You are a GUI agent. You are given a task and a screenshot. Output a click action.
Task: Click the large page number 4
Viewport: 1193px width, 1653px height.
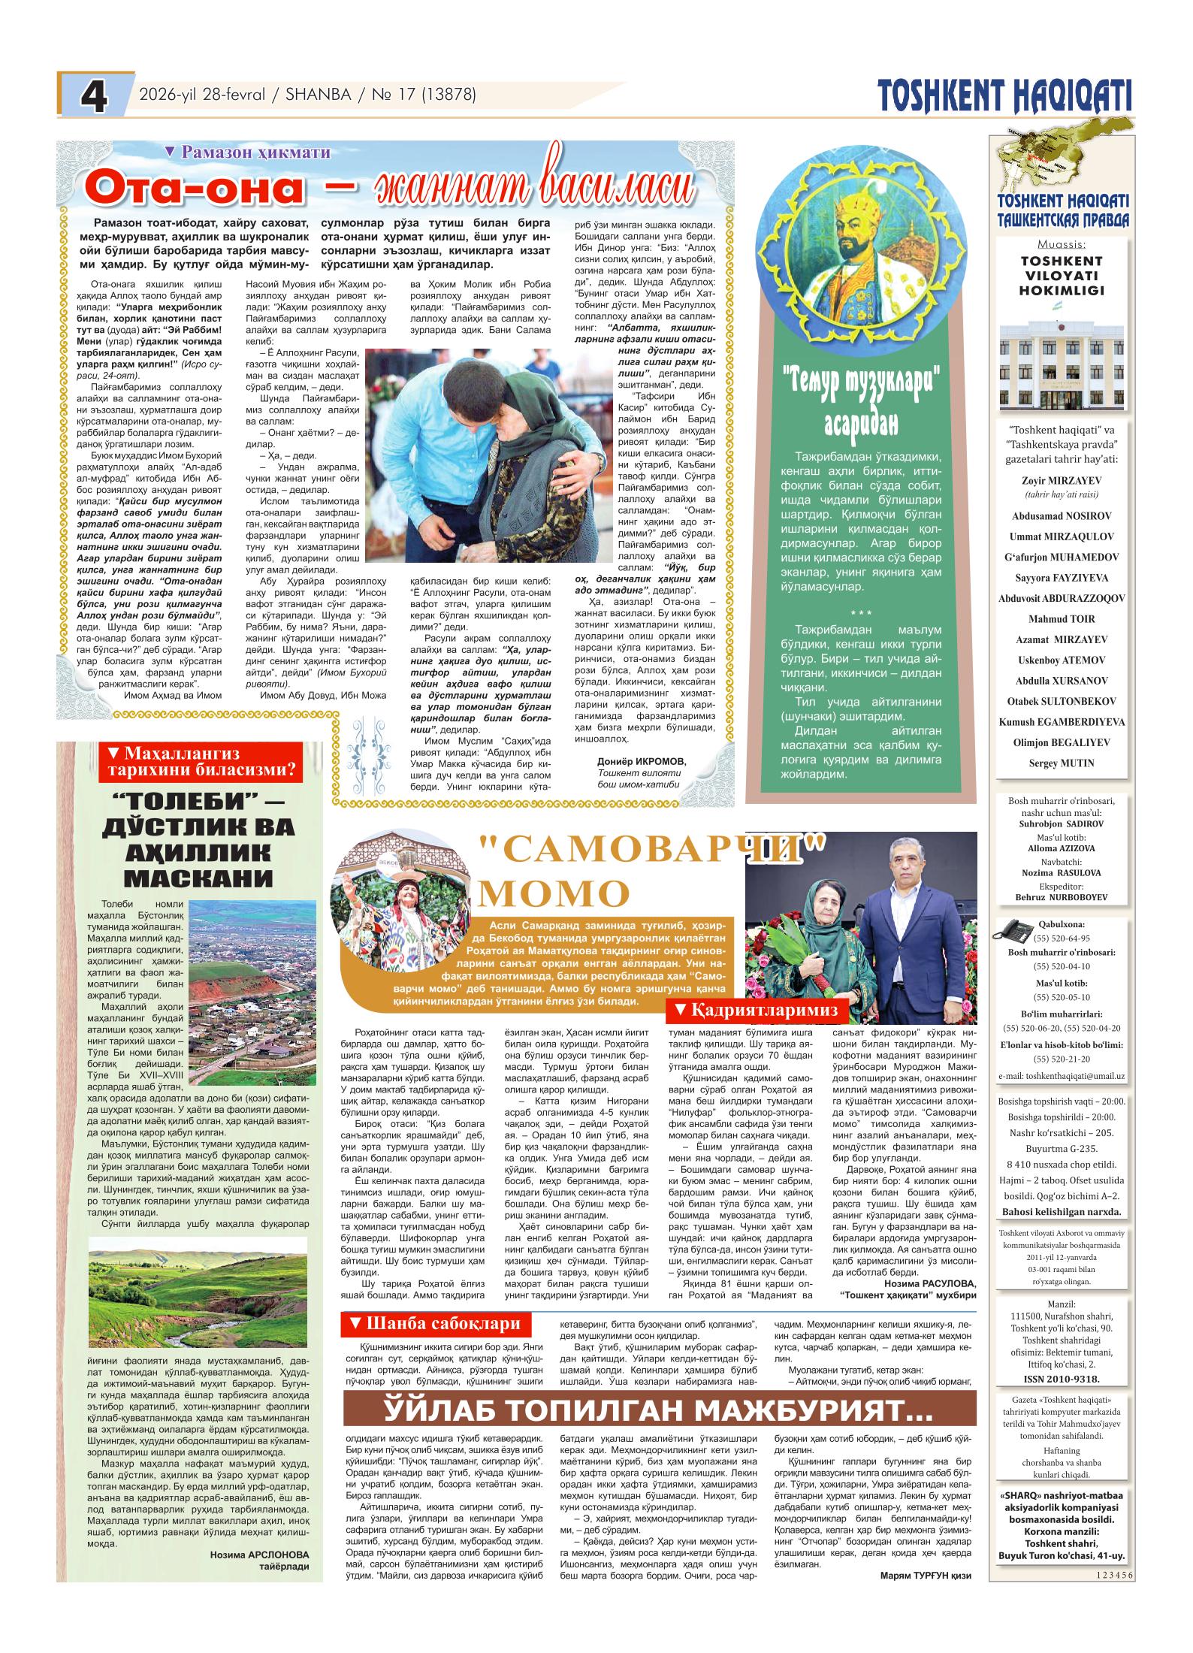[93, 98]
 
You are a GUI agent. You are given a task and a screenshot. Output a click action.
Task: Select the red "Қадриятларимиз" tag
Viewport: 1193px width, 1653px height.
[757, 1010]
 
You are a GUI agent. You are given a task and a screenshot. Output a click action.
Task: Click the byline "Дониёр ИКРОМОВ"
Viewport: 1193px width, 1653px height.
[642, 760]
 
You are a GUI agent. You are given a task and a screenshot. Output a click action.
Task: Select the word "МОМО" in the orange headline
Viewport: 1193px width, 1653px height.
[553, 893]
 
